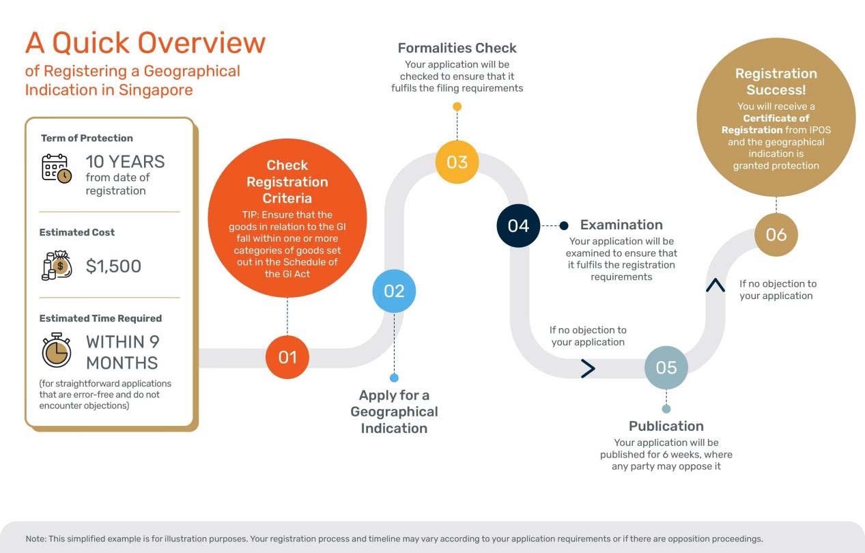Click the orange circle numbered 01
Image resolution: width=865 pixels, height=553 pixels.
pos(287,357)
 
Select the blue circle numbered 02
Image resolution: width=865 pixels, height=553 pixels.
pos(394,292)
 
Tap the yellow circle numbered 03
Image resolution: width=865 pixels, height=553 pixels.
pos(457,162)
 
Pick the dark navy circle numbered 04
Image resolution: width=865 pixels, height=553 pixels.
pos(518,225)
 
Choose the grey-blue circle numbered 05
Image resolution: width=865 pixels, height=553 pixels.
pos(666,367)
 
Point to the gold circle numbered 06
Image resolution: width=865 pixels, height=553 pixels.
pos(776,235)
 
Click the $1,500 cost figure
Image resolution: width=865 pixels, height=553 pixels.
pos(113,266)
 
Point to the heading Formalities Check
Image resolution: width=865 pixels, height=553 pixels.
pos(457,48)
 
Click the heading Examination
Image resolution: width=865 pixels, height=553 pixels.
pos(621,225)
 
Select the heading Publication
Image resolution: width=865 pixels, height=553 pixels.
pos(666,426)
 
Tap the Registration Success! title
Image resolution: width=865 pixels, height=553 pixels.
pos(776,81)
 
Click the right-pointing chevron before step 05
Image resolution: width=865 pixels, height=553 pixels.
pos(588,369)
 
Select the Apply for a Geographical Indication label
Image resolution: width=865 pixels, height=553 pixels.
pos(394,412)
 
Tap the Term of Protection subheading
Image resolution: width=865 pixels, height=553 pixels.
pos(87,138)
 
